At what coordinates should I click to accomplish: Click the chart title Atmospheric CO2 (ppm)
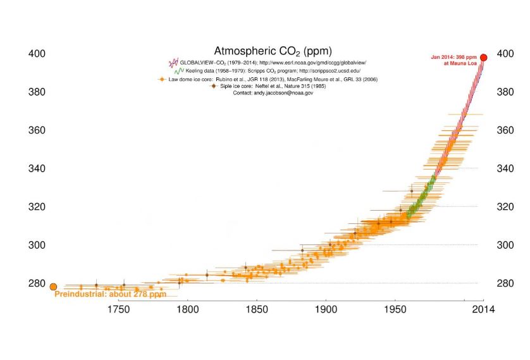[273, 51]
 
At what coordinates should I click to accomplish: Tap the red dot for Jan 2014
[484, 58]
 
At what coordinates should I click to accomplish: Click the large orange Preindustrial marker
[53, 287]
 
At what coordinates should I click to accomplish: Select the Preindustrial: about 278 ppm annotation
[110, 295]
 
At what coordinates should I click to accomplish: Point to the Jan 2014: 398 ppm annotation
[453, 60]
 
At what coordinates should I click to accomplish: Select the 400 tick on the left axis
[37, 54]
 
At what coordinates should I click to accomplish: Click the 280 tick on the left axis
[37, 283]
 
